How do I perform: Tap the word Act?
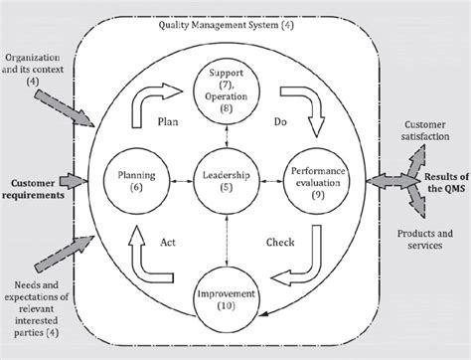tap(169, 239)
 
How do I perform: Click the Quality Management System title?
tap(235, 27)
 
